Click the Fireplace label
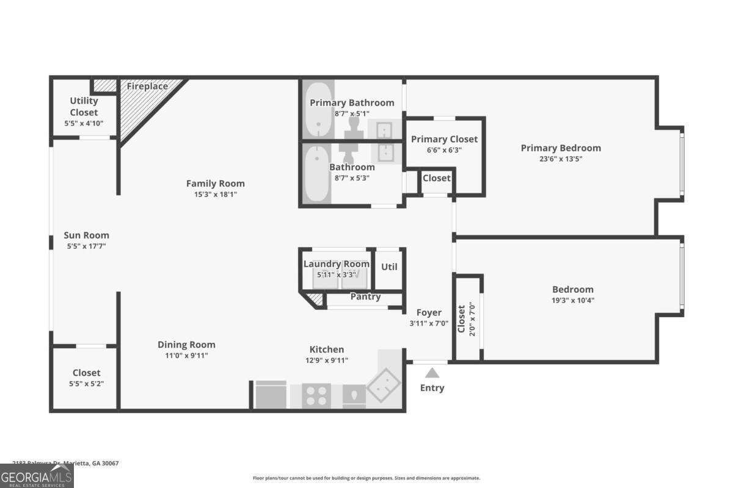(x=147, y=87)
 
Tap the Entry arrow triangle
(x=432, y=373)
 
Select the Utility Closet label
(x=84, y=107)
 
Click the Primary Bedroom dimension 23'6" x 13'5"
(x=560, y=159)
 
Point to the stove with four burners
(x=316, y=396)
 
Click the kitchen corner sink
(x=384, y=384)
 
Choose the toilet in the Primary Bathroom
(x=353, y=125)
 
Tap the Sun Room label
(x=86, y=235)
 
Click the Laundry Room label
(x=337, y=264)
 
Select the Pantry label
(x=365, y=297)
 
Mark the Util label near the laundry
(x=389, y=267)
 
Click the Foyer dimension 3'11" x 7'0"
(x=428, y=324)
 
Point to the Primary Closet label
(x=444, y=139)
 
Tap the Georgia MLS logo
(x=37, y=476)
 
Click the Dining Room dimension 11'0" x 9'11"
(x=186, y=356)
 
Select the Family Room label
(x=215, y=184)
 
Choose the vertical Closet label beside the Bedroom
(x=462, y=318)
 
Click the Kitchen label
(x=327, y=350)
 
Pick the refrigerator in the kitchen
(x=271, y=395)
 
